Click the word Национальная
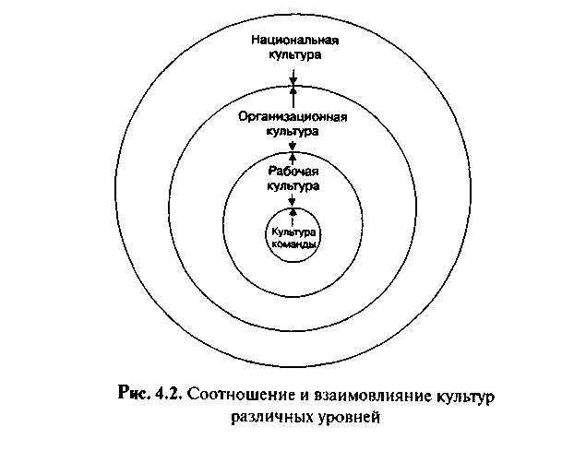tap(295, 40)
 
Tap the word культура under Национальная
tap(295, 55)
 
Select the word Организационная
tap(293, 117)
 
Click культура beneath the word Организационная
tap(293, 132)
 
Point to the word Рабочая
tap(293, 172)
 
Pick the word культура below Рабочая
tap(293, 185)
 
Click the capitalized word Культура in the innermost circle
tap(293, 232)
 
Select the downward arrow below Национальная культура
tap(293, 77)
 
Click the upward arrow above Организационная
tap(293, 97)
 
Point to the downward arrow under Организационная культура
tap(293, 145)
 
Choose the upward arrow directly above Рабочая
tap(293, 159)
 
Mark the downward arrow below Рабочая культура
tap(293, 200)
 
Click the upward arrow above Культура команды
tap(293, 217)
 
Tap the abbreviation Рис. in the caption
tap(133, 394)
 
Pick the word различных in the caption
tap(272, 417)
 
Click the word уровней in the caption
tap(349, 417)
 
